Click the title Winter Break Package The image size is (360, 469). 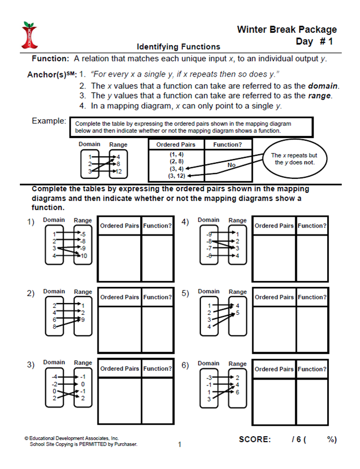point(287,30)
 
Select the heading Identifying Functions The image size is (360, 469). point(178,47)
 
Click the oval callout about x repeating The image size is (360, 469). point(294,159)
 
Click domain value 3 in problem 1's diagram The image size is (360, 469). point(54,249)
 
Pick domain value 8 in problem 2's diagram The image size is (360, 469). point(54,327)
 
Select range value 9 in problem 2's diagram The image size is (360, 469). point(82,320)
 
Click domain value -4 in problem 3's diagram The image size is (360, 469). point(54,376)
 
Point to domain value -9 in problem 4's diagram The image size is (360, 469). point(209,234)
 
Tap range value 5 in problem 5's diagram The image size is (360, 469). point(238,313)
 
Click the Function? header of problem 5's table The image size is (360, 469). point(312,297)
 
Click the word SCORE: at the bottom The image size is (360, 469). point(254,439)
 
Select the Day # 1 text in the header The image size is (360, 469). point(315,42)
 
